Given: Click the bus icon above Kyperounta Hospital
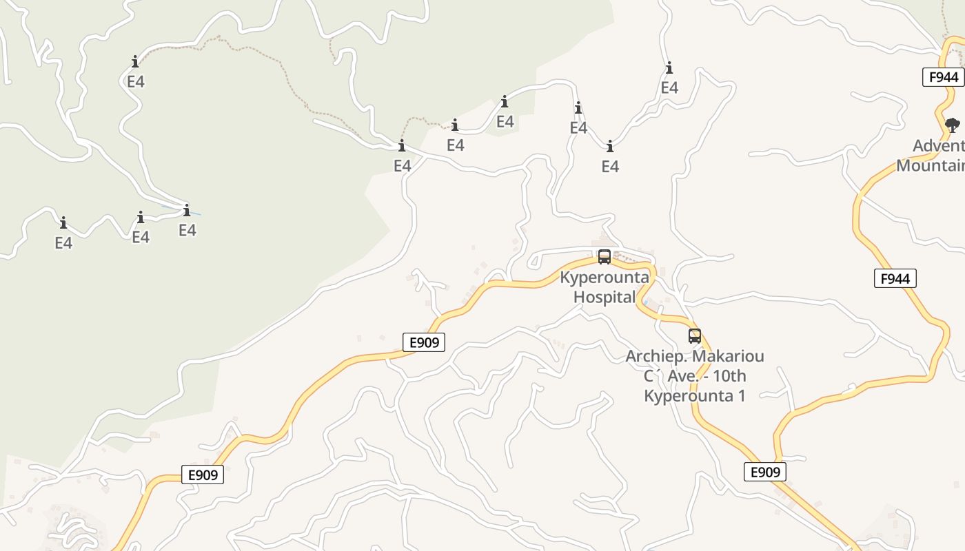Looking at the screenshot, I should (x=605, y=257).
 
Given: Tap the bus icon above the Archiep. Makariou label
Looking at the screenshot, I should (x=695, y=336).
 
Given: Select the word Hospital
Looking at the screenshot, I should (x=605, y=297).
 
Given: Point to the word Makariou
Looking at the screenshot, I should (x=728, y=356).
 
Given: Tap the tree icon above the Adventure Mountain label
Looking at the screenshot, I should (x=952, y=125).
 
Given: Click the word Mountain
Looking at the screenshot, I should (x=931, y=165).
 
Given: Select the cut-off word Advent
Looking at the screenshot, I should (x=938, y=145).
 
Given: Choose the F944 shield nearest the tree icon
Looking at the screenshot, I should (x=943, y=77).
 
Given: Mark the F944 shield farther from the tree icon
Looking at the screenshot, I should (x=895, y=278).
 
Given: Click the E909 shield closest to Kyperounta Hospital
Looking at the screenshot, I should (x=423, y=342).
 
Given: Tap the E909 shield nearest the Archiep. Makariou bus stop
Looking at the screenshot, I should (x=765, y=472).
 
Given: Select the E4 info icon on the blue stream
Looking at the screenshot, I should (x=187, y=210).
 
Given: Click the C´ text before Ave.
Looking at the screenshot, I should (x=652, y=376).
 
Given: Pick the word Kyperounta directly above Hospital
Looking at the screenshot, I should (x=605, y=278).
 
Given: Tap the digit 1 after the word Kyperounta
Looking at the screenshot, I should (x=741, y=396).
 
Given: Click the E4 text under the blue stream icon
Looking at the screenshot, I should (x=187, y=230).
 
